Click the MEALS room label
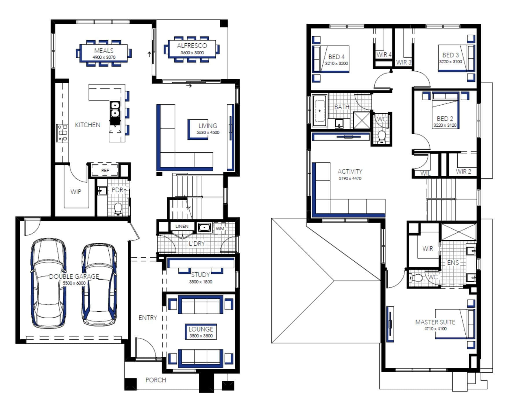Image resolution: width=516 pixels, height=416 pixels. tap(104, 51)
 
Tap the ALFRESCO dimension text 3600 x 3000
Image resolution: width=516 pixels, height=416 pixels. tap(192, 53)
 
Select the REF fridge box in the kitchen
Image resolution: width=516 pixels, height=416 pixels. tap(105, 170)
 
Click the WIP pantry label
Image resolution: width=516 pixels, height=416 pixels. tap(76, 192)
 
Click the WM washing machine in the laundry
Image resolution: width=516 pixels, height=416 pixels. tap(220, 229)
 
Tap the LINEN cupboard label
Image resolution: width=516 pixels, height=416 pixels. tap(182, 226)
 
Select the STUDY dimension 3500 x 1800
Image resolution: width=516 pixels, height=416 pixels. tap(201, 282)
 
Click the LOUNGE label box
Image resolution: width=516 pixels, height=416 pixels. tap(201, 332)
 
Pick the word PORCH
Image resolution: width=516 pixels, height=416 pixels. tap(156, 380)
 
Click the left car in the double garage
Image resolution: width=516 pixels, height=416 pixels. tap(49, 284)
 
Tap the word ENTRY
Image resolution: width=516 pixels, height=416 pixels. tap(148, 318)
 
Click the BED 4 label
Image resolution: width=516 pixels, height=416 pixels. tap(336, 57)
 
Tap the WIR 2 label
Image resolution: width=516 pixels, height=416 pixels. tap(463, 171)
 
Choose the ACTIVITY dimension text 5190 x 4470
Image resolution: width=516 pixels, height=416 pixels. tap(350, 178)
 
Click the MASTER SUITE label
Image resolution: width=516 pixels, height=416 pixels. tap(435, 322)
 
